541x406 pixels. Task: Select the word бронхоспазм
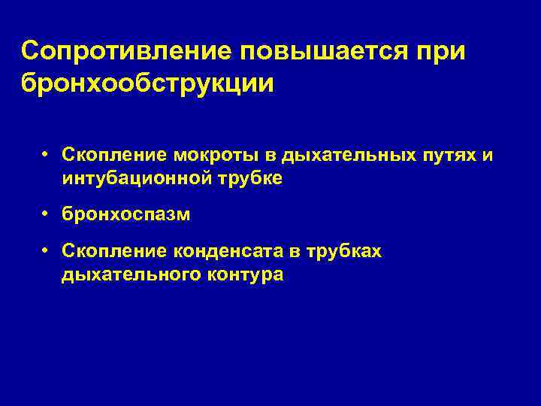[126, 215]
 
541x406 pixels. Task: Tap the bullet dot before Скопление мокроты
[46, 154]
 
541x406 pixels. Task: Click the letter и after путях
[488, 156]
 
